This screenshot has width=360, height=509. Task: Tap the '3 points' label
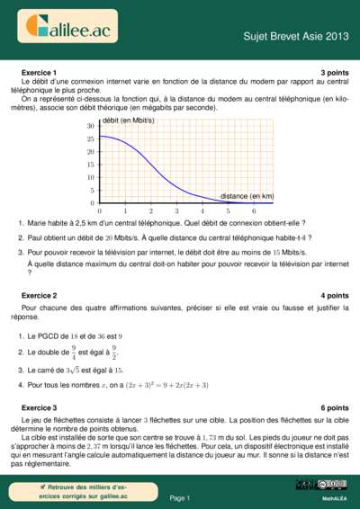(334, 71)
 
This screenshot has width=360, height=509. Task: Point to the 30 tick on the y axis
(90, 127)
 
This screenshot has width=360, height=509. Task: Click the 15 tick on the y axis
(90, 165)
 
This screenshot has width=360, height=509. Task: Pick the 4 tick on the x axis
(202, 210)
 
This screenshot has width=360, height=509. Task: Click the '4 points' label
(334, 295)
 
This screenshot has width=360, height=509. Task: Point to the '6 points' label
(334, 407)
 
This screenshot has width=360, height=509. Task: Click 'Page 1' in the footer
(180, 497)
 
